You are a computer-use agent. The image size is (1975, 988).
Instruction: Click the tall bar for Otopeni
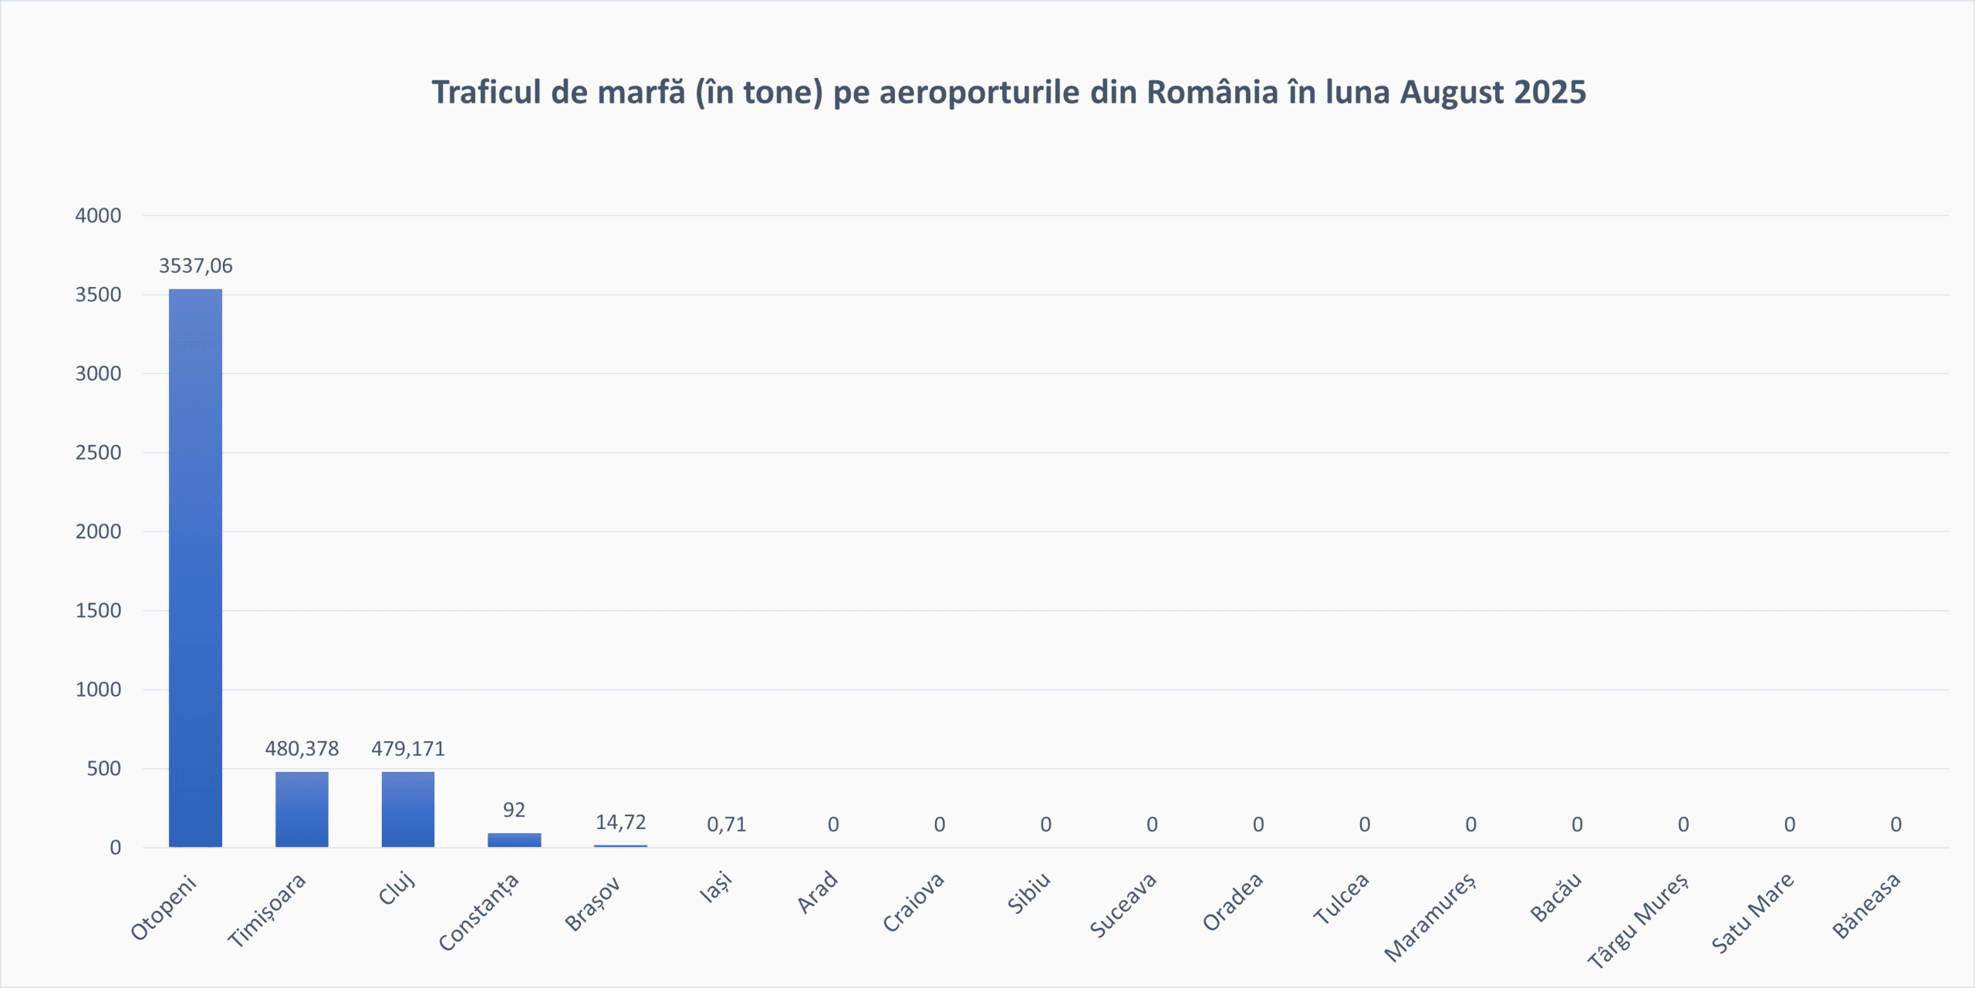coord(195,568)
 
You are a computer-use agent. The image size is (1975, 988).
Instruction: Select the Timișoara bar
coord(302,809)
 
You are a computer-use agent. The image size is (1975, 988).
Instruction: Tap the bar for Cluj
coord(407,809)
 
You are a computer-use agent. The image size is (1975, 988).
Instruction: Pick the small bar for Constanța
coord(514,840)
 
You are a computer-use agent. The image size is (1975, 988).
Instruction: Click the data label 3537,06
coord(195,266)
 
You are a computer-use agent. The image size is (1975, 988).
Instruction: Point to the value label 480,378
coord(302,749)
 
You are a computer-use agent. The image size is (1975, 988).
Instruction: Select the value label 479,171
coord(407,749)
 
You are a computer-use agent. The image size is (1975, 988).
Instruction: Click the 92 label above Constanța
coord(514,810)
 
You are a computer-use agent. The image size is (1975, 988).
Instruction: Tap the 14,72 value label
coord(620,822)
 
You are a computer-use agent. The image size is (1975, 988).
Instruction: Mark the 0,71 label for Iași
coord(727,824)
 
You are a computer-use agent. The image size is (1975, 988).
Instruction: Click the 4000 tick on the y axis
coord(98,216)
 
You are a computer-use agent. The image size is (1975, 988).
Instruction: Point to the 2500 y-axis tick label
coord(98,453)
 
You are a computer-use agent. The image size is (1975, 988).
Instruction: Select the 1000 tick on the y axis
coord(98,690)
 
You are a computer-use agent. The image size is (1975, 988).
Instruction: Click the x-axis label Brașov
coord(592,904)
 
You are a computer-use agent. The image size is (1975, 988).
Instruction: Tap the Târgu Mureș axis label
coord(1637,920)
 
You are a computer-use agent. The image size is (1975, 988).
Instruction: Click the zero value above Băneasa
coord(1896,824)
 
